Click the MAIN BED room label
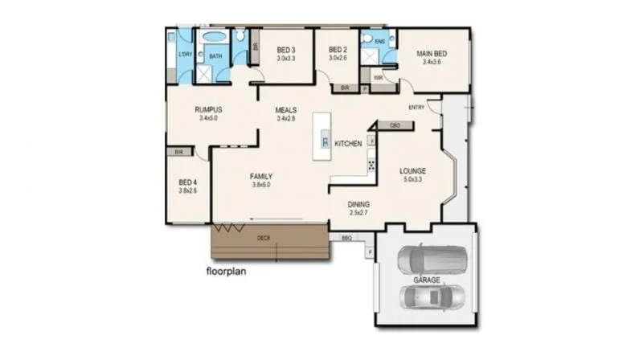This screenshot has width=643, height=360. (432, 54)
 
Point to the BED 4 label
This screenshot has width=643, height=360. (186, 182)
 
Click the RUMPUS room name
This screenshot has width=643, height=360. (208, 109)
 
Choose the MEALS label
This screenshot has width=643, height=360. (287, 109)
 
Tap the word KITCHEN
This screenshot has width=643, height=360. (348, 144)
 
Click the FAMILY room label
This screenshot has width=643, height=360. (260, 176)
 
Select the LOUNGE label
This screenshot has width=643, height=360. (413, 171)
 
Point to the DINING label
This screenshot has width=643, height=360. (358, 204)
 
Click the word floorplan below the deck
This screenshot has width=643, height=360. (226, 271)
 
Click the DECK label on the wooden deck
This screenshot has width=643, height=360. (263, 238)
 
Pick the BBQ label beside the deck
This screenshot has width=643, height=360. (347, 238)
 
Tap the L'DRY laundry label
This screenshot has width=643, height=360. (184, 55)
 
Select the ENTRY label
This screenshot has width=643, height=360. (416, 108)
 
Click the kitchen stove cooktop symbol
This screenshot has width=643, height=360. (371, 165)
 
